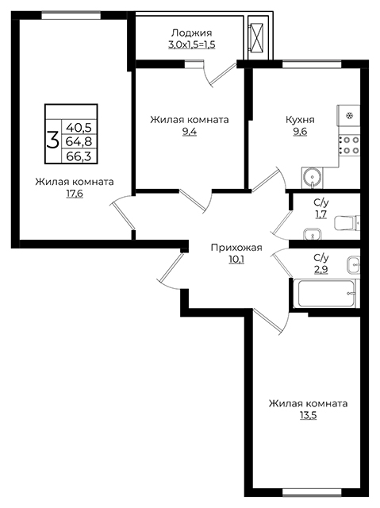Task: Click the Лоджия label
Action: click(192, 33)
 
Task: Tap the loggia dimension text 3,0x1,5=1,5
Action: click(192, 44)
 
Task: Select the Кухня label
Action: click(300, 120)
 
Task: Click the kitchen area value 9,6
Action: click(300, 132)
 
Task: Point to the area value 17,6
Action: click(75, 194)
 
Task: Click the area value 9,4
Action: click(190, 132)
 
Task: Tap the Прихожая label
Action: click(236, 248)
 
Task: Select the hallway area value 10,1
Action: click(236, 260)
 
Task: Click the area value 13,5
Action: click(308, 415)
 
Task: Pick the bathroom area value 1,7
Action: click(321, 214)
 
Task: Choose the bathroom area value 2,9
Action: click(321, 270)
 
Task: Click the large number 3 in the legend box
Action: click(53, 140)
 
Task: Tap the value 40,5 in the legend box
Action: click(79, 127)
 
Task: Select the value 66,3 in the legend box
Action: click(79, 156)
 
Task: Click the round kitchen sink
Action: click(313, 177)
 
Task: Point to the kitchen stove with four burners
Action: click(349, 144)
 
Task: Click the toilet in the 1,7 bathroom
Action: click(347, 223)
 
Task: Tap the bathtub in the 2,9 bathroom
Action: click(326, 294)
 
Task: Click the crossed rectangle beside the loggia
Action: click(257, 37)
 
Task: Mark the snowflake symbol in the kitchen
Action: click(349, 116)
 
